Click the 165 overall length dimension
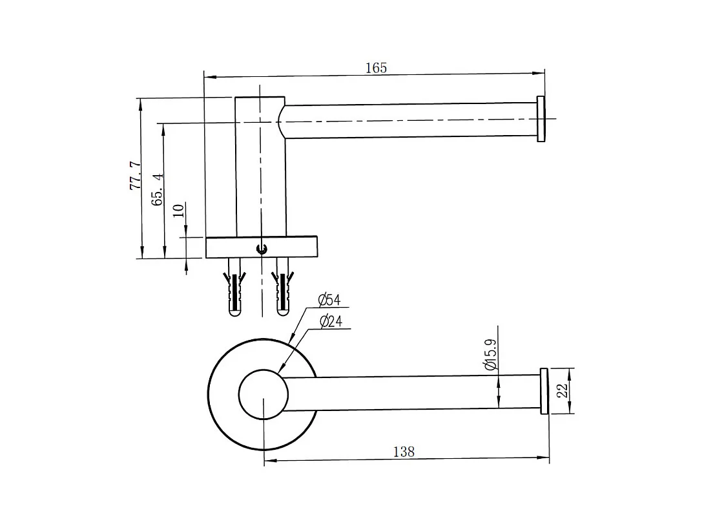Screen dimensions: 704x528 pyautogui.click(x=376, y=68)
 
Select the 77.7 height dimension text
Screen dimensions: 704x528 pyautogui.click(x=136, y=176)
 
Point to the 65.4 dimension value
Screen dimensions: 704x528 pyautogui.click(x=157, y=189)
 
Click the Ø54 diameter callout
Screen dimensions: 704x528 pyautogui.click(x=329, y=300)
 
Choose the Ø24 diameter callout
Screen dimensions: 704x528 pyautogui.click(x=330, y=321)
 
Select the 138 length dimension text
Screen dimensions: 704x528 pyautogui.click(x=404, y=452)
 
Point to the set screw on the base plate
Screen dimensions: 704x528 pyautogui.click(x=261, y=248)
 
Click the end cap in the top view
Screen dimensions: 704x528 pyautogui.click(x=541, y=119)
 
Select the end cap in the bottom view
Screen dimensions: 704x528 pyautogui.click(x=544, y=391)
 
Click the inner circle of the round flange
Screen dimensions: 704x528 pyautogui.click(x=263, y=394)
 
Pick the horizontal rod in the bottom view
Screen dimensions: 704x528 pyautogui.click(x=413, y=392)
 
